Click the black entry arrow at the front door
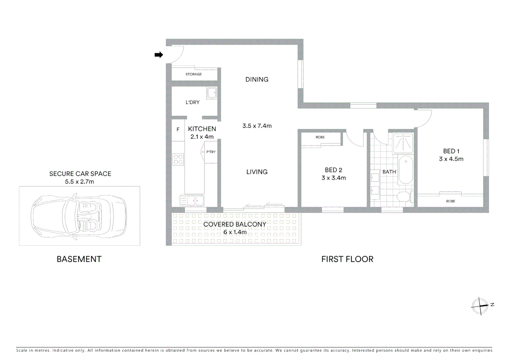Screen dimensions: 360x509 coord(159,55)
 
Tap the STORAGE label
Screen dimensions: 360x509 coord(194,74)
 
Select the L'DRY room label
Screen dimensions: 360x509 coord(193,102)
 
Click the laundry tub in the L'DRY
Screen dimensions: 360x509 coord(212,93)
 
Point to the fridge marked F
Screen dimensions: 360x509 coord(178,130)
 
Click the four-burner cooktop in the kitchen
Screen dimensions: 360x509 coord(178,159)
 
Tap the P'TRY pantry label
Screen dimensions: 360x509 coord(211,152)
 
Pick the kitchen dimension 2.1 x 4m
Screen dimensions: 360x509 coord(202,137)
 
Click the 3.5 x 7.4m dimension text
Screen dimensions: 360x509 coord(257,126)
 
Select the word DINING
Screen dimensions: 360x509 coord(257,80)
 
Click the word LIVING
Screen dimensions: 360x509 coord(257,172)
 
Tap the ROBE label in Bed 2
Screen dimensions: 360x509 coord(320,137)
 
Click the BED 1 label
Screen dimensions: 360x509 coord(451,151)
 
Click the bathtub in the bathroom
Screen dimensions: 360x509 coord(406,169)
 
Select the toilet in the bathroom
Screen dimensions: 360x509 coord(404,196)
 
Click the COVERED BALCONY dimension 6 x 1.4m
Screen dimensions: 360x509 coord(235,232)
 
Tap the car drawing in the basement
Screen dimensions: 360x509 coord(79,216)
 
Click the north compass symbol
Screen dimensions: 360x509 coord(480,306)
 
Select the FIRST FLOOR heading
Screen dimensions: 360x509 coord(347,259)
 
